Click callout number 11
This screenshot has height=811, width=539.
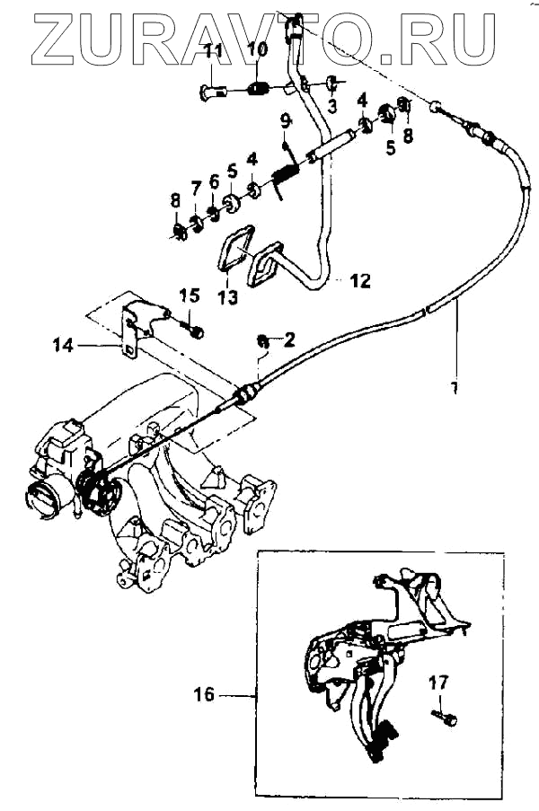(x=212, y=50)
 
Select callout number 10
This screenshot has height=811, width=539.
(x=257, y=48)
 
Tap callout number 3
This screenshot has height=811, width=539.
(x=331, y=107)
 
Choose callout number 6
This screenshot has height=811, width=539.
(x=214, y=181)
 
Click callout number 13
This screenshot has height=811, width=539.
(x=227, y=296)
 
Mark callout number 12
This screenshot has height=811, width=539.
(x=359, y=281)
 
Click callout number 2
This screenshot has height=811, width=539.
(x=289, y=339)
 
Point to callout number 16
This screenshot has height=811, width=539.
(x=206, y=694)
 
